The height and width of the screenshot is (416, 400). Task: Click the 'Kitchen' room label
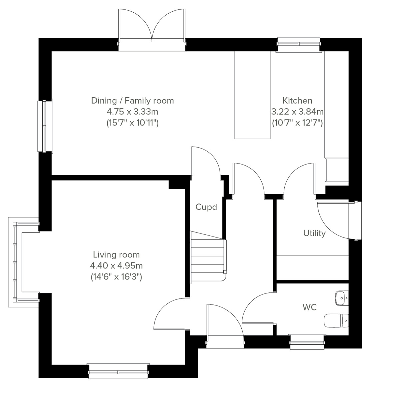[297, 101]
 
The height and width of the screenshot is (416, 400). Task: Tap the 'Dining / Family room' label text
[132, 101]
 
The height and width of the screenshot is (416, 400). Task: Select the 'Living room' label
[116, 255]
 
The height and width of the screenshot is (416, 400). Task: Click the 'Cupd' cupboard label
[206, 207]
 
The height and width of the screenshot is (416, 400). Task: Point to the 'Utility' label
[314, 233]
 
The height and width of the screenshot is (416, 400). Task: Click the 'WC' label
[309, 307]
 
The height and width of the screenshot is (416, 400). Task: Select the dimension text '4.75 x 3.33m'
[132, 112]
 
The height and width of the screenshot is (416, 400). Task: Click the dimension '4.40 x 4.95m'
[116, 266]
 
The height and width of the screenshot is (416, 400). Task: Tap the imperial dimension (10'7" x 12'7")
[297, 123]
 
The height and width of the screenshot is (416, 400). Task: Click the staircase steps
[207, 256]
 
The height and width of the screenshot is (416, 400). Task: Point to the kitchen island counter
[252, 95]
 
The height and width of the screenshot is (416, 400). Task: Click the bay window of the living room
[15, 262]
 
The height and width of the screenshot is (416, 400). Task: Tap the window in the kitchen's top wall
[299, 45]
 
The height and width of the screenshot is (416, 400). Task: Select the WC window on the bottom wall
[307, 342]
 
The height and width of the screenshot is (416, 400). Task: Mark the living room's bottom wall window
[118, 371]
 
